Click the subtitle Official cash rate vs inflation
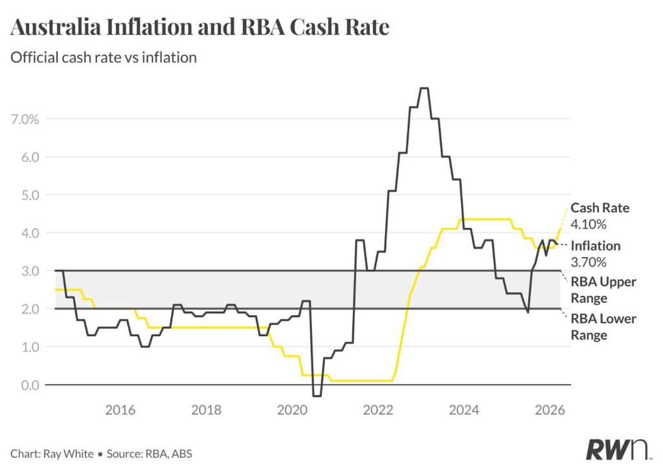click(104, 57)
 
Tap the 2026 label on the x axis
click(550, 410)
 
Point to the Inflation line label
click(595, 246)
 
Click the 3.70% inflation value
click(589, 262)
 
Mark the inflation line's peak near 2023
click(424, 88)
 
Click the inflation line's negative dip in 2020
click(317, 396)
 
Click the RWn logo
click(612, 449)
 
